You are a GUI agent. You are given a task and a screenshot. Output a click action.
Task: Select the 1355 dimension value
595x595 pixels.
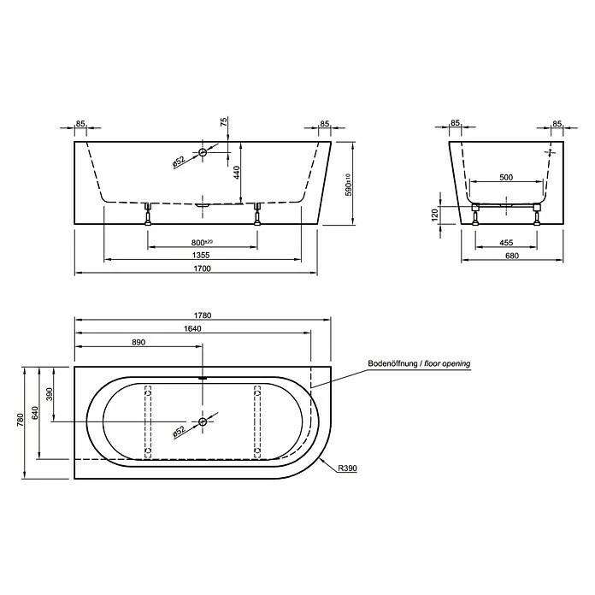[202, 254]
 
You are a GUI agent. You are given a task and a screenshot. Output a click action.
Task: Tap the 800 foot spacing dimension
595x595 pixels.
[202, 241]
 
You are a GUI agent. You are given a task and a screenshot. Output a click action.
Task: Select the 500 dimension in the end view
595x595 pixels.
[504, 178]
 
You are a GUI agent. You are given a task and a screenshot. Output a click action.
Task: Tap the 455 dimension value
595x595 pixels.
[504, 241]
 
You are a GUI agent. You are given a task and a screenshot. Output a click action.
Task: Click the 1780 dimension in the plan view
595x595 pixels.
[203, 315]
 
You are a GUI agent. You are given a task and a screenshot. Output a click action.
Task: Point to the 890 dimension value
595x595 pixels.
[138, 342]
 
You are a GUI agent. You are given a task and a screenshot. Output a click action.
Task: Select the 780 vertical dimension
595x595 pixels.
[20, 421]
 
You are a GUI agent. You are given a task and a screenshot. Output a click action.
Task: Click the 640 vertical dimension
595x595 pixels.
[35, 414]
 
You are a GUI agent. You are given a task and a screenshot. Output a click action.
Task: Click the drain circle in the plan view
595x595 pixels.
[203, 421]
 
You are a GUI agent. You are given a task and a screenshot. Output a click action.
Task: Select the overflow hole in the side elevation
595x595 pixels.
[203, 153]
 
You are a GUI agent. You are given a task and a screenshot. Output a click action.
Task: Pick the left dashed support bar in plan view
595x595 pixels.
[147, 421]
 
